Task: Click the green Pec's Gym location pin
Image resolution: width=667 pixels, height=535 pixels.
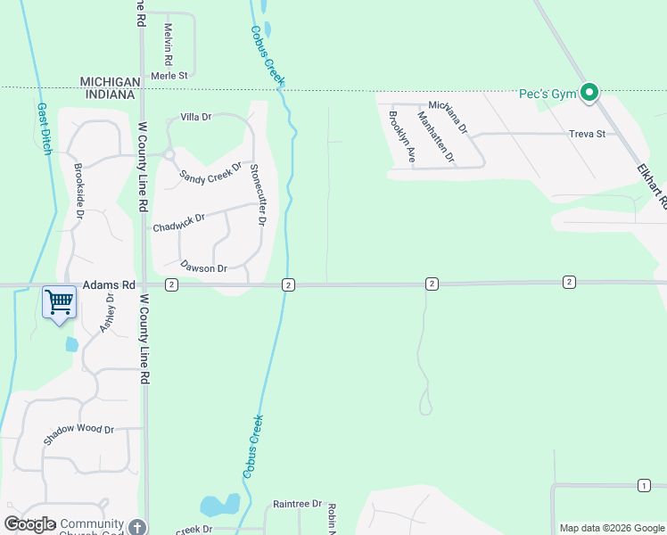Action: pyautogui.click(x=589, y=92)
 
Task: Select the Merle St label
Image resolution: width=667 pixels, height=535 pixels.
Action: pyautogui.click(x=169, y=76)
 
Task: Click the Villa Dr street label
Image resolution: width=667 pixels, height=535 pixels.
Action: pyautogui.click(x=196, y=117)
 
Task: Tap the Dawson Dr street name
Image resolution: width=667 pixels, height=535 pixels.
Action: pyautogui.click(x=204, y=267)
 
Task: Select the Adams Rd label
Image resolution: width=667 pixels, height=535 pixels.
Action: pyautogui.click(x=109, y=285)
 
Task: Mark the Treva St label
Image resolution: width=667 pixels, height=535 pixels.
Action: pyautogui.click(x=587, y=134)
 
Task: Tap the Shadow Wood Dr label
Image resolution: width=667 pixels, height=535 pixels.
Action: pyautogui.click(x=79, y=434)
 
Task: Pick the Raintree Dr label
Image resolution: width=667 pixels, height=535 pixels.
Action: pyautogui.click(x=297, y=504)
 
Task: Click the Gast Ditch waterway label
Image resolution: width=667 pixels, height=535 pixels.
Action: pyautogui.click(x=44, y=128)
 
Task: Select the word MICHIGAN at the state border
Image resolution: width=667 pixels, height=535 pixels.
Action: pyautogui.click(x=111, y=81)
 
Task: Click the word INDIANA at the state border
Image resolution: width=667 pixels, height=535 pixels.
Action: pyautogui.click(x=111, y=95)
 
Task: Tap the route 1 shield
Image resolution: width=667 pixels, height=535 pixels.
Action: pyautogui.click(x=644, y=485)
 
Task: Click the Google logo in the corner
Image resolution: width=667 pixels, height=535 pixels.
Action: pyautogui.click(x=29, y=524)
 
